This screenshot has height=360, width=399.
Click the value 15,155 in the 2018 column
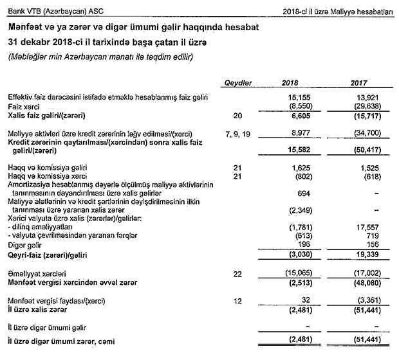click(x=297, y=96)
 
